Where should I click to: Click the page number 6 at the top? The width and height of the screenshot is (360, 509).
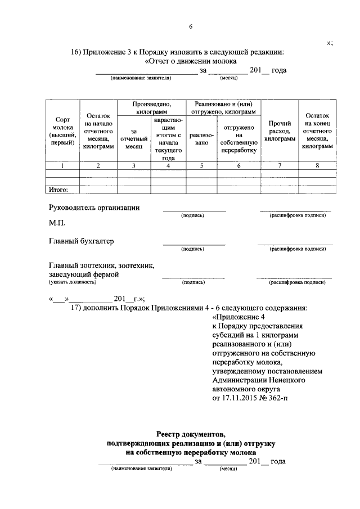coord(191,26)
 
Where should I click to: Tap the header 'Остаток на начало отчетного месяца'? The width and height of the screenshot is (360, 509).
coord(98,130)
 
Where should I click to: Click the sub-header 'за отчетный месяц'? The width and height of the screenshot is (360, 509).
coord(133,138)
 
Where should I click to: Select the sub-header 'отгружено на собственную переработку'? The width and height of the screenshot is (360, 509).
coord(238,138)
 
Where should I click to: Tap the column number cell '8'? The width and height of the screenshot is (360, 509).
coord(317,166)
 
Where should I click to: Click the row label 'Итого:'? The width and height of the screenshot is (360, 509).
coord(59,190)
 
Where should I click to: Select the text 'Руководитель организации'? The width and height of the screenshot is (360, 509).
coord(94,207)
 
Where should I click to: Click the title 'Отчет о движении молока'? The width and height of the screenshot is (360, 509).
coord(191,61)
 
